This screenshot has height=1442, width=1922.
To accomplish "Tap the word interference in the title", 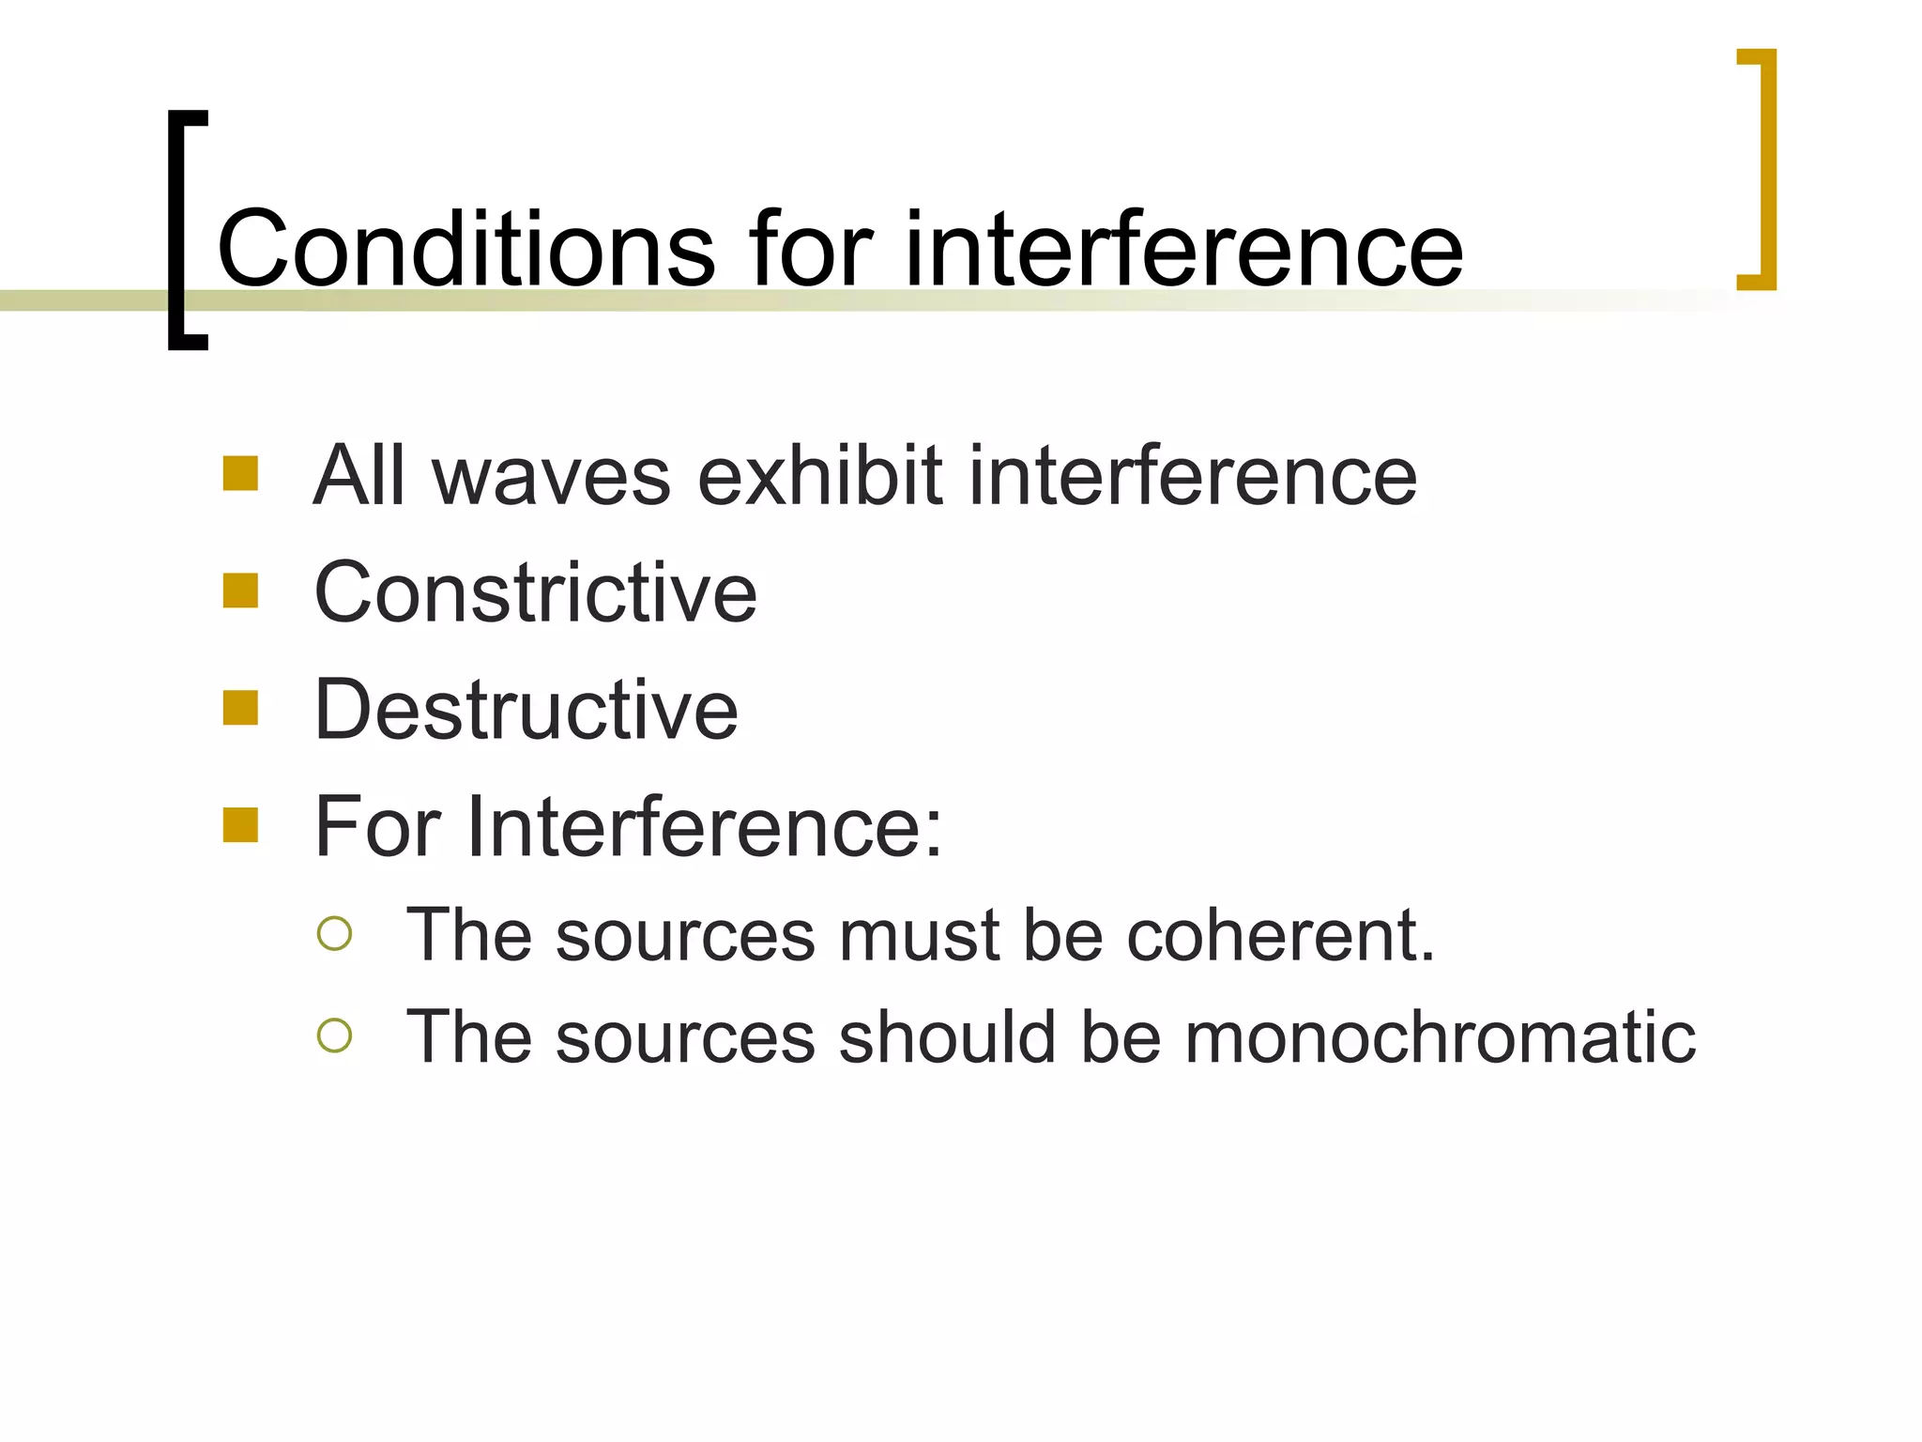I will [x=1182, y=250].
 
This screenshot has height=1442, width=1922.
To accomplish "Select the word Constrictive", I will [x=535, y=593].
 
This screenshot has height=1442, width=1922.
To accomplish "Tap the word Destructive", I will [x=526, y=711].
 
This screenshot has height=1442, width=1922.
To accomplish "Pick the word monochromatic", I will [x=1440, y=1037].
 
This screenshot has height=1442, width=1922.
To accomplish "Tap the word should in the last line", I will [x=947, y=1037].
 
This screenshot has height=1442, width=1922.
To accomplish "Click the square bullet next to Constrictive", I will [x=240, y=591].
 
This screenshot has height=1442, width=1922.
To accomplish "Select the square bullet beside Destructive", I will [x=240, y=709].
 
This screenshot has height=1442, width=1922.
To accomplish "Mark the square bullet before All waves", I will [x=240, y=474].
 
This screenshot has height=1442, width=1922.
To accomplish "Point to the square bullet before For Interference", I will [x=240, y=825].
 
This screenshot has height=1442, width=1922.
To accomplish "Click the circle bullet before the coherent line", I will [x=334, y=934].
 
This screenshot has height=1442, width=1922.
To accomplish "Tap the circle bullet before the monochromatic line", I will [x=334, y=1035].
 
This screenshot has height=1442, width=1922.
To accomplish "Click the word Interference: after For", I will [x=704, y=827].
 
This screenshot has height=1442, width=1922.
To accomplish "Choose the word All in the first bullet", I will [x=360, y=476].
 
